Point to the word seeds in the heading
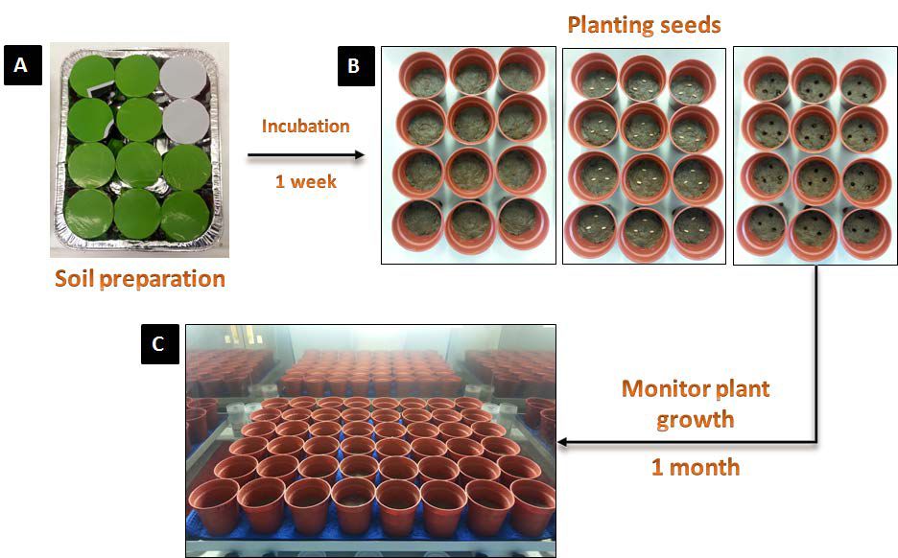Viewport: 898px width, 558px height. point(689,24)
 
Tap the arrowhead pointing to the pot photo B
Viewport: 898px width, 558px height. point(360,155)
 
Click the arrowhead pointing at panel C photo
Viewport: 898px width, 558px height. point(565,443)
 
